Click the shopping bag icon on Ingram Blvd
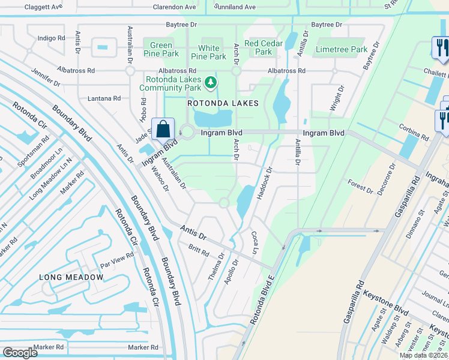163,129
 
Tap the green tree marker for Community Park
211,82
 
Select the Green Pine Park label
161,49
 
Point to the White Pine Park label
209,52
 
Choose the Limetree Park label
341,49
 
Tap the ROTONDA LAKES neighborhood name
223,103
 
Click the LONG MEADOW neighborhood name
71,277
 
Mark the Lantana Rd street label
104,98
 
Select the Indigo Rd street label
51,38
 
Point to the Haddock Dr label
264,178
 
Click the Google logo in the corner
20,353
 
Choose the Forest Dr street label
360,185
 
